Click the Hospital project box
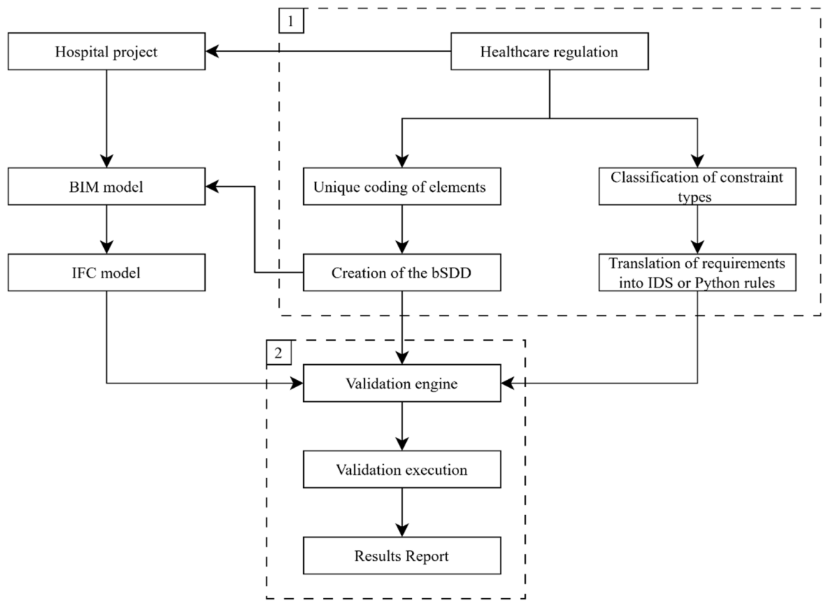tap(106, 52)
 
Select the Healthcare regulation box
tap(549, 52)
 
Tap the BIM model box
tap(106, 186)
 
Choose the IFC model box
tap(106, 272)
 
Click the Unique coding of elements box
tap(402, 186)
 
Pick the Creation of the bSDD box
tap(402, 272)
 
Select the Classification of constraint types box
tap(697, 186)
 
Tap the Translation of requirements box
tap(697, 272)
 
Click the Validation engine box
tap(402, 383)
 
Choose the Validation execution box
tap(402, 469)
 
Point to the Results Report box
tap(402, 555)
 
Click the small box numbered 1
tap(291, 21)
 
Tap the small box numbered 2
tap(279, 352)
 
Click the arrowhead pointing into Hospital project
tap(212, 52)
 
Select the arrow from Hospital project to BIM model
tap(107, 119)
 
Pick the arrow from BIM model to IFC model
tap(107, 230)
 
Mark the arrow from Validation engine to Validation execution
tap(403, 426)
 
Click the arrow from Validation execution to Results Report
tap(403, 512)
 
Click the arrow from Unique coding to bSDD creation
tap(403, 230)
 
